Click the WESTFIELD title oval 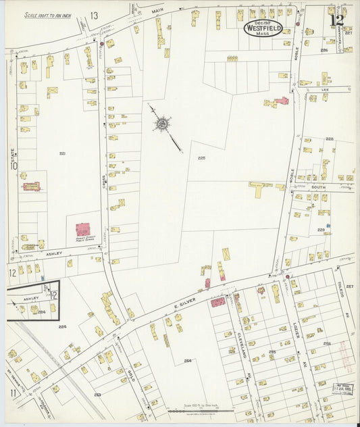point(263,28)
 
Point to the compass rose point(162,124)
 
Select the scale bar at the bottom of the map point(200,410)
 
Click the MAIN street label point(157,10)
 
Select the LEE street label point(324,89)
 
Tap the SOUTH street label point(318,189)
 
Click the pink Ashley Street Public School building point(83,230)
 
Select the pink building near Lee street point(282,101)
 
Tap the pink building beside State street point(31,186)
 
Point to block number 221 point(62,153)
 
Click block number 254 point(187,360)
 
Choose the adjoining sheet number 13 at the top point(94,15)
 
